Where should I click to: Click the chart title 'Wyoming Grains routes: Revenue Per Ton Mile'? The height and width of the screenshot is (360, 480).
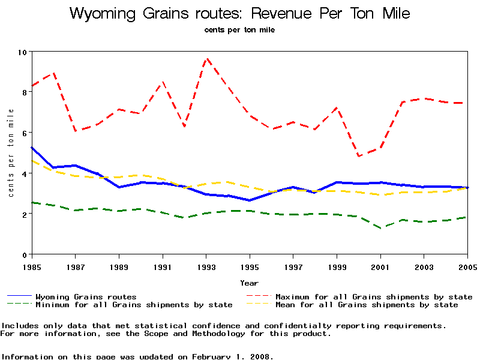[x=240, y=14]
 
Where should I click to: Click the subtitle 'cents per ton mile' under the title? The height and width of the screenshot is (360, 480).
[x=239, y=29]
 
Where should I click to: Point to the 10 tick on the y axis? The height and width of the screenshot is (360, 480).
[x=23, y=52]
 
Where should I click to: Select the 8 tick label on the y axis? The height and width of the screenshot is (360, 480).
[x=25, y=92]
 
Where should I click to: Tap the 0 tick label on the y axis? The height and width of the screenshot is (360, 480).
[x=25, y=254]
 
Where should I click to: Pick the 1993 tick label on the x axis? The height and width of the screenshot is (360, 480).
[x=206, y=266]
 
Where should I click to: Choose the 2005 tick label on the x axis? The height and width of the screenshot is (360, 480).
[x=467, y=266]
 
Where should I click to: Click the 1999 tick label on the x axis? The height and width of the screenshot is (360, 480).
[x=337, y=266]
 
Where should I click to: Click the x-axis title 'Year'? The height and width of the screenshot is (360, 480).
[x=249, y=283]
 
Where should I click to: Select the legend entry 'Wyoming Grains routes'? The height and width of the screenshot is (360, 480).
[x=86, y=296]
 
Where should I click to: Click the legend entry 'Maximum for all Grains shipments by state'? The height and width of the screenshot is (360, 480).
[x=373, y=296]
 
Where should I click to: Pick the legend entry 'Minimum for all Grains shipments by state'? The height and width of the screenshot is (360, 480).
[x=133, y=305]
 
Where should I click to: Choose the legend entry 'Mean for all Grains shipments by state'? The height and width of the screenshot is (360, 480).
[x=366, y=305]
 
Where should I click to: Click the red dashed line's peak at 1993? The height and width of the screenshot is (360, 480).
[x=206, y=59]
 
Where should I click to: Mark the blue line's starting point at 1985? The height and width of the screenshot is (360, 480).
[x=32, y=147]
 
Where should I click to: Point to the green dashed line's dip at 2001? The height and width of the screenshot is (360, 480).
[x=380, y=228]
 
